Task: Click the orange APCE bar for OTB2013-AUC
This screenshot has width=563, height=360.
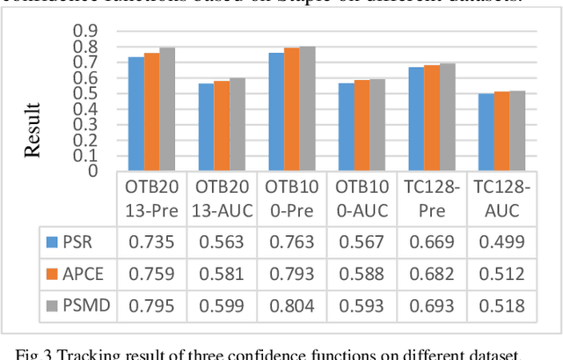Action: [x=221, y=125]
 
